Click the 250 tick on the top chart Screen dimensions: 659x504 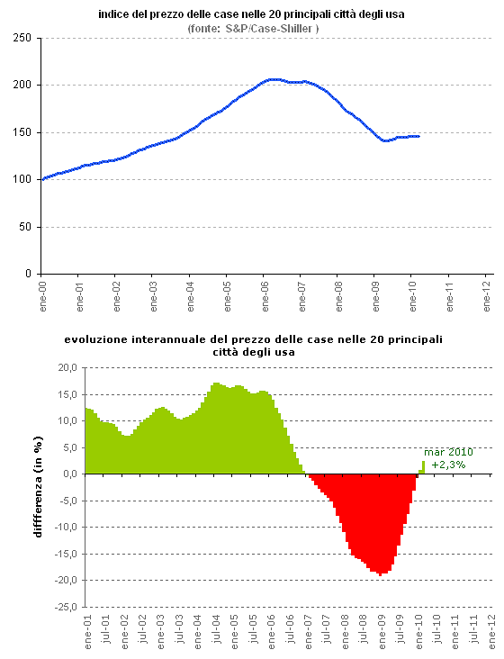pyautogui.click(x=22, y=38)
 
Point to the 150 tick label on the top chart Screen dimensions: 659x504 pyautogui.click(x=22, y=132)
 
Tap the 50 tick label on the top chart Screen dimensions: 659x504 pyautogui.click(x=25, y=227)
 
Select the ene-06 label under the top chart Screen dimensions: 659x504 pyautogui.click(x=265, y=296)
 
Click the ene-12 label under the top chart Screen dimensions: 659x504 pyautogui.click(x=487, y=296)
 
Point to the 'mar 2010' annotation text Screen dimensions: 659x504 pyautogui.click(x=448, y=452)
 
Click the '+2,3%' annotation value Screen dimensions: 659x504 pyautogui.click(x=448, y=465)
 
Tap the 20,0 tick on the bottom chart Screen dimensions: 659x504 pyautogui.click(x=67, y=367)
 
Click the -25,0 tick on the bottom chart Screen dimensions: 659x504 pyautogui.click(x=66, y=607)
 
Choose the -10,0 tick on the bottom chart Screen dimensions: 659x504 pyautogui.click(x=66, y=528)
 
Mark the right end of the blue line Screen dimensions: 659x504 pyautogui.click(x=418, y=136)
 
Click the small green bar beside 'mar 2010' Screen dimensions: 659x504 pyautogui.click(x=423, y=467)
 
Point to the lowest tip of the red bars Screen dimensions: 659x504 pyautogui.click(x=382, y=573)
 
